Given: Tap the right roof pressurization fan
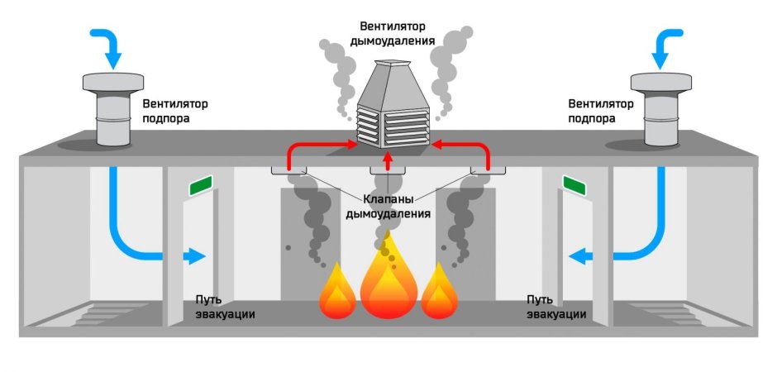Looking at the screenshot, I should coord(661,109).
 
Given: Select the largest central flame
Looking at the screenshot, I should coord(388,277).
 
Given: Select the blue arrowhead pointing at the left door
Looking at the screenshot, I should coord(196,256).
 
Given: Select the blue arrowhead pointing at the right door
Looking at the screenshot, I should coord(580,256).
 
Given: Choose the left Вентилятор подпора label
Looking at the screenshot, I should coord(174,111).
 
